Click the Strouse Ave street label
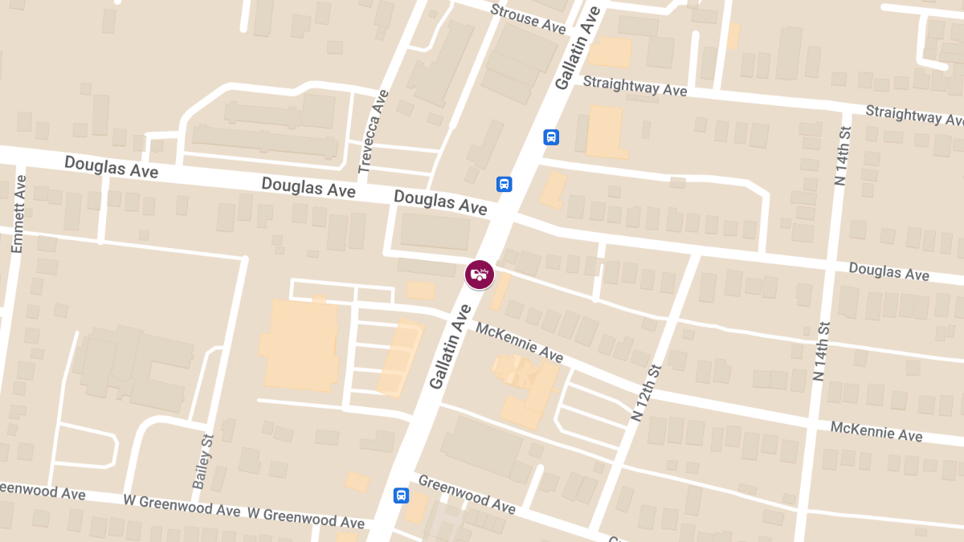click(x=528, y=18)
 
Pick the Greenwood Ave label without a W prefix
click(x=467, y=494)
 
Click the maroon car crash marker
click(x=480, y=275)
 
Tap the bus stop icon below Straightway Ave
click(x=551, y=137)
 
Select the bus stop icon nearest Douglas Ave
click(x=504, y=184)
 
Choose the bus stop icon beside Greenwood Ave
click(x=401, y=495)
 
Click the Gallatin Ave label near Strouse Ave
click(x=578, y=48)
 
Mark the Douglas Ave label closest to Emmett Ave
click(x=111, y=167)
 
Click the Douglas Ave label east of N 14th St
click(x=888, y=271)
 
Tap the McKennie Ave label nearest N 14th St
click(x=876, y=431)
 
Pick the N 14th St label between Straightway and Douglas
click(x=842, y=154)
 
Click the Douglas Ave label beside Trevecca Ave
click(x=308, y=188)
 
